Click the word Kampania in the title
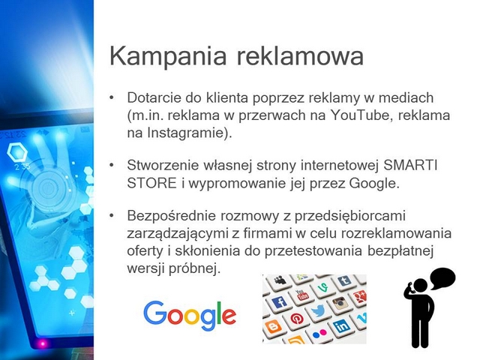point(168,56)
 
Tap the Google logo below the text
point(190,316)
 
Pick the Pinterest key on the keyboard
point(295,319)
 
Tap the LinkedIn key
point(341,326)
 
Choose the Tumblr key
point(344,280)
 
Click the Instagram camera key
point(339,303)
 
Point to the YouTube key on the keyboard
point(301,295)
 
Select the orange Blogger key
point(272,327)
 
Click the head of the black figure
point(420,286)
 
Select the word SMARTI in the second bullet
point(410,166)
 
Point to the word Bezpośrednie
point(172,216)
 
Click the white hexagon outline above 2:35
point(17,151)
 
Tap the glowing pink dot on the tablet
point(43,343)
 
